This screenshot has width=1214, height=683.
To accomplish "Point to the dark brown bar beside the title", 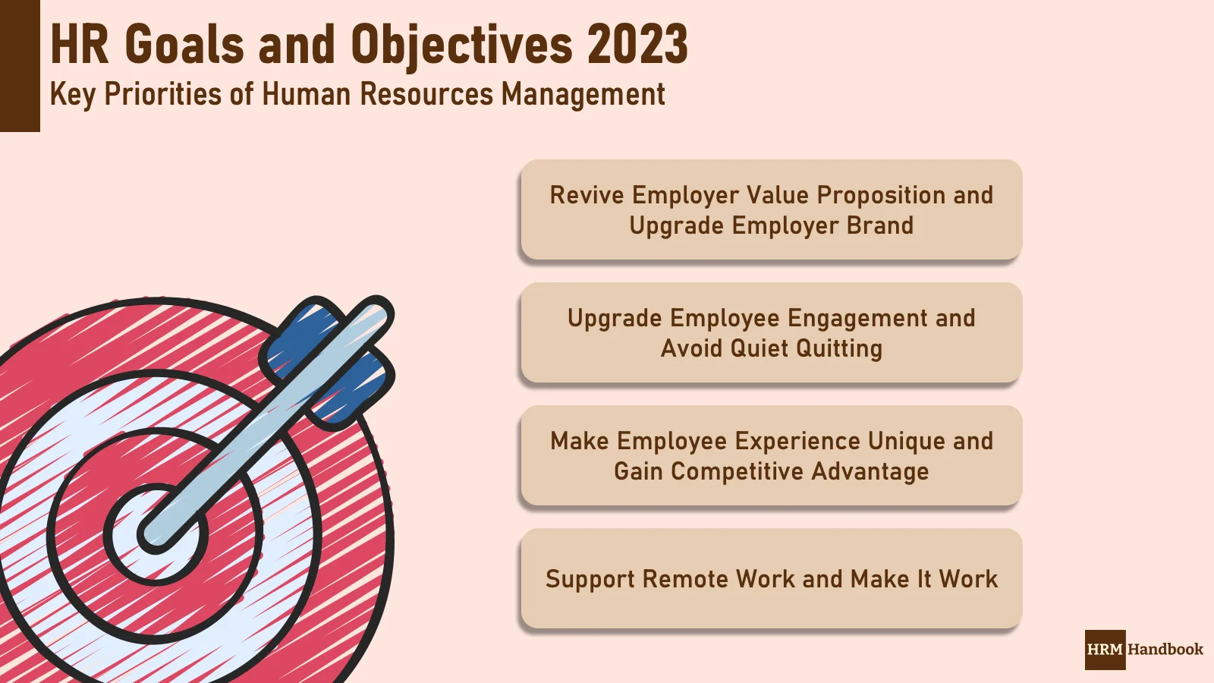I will coord(20,66).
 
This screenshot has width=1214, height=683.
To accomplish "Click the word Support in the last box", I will coord(590,580).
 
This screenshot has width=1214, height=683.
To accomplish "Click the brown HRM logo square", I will coord(1105,650).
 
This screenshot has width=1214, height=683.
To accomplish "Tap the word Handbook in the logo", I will coord(1165,650).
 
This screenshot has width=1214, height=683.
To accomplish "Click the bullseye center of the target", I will coord(156,534).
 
